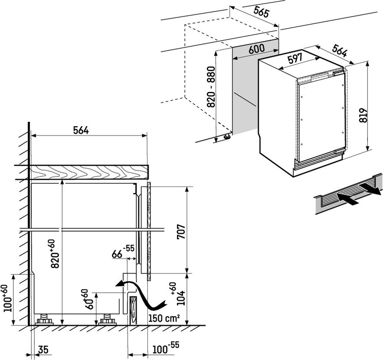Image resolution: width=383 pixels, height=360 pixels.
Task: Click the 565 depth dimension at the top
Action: point(261,13)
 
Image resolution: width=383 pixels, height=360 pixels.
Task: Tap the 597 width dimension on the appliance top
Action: point(295,59)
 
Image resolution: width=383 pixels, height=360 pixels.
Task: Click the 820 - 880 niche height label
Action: point(211,88)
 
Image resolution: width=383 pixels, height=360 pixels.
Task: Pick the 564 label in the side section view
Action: point(80,130)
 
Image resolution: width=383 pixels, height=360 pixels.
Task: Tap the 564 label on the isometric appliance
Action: point(340,52)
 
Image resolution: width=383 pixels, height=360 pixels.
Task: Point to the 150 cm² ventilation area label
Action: point(164,318)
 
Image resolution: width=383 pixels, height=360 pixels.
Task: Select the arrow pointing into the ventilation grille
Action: point(348,200)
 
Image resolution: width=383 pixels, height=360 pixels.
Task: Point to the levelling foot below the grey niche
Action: point(226,137)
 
